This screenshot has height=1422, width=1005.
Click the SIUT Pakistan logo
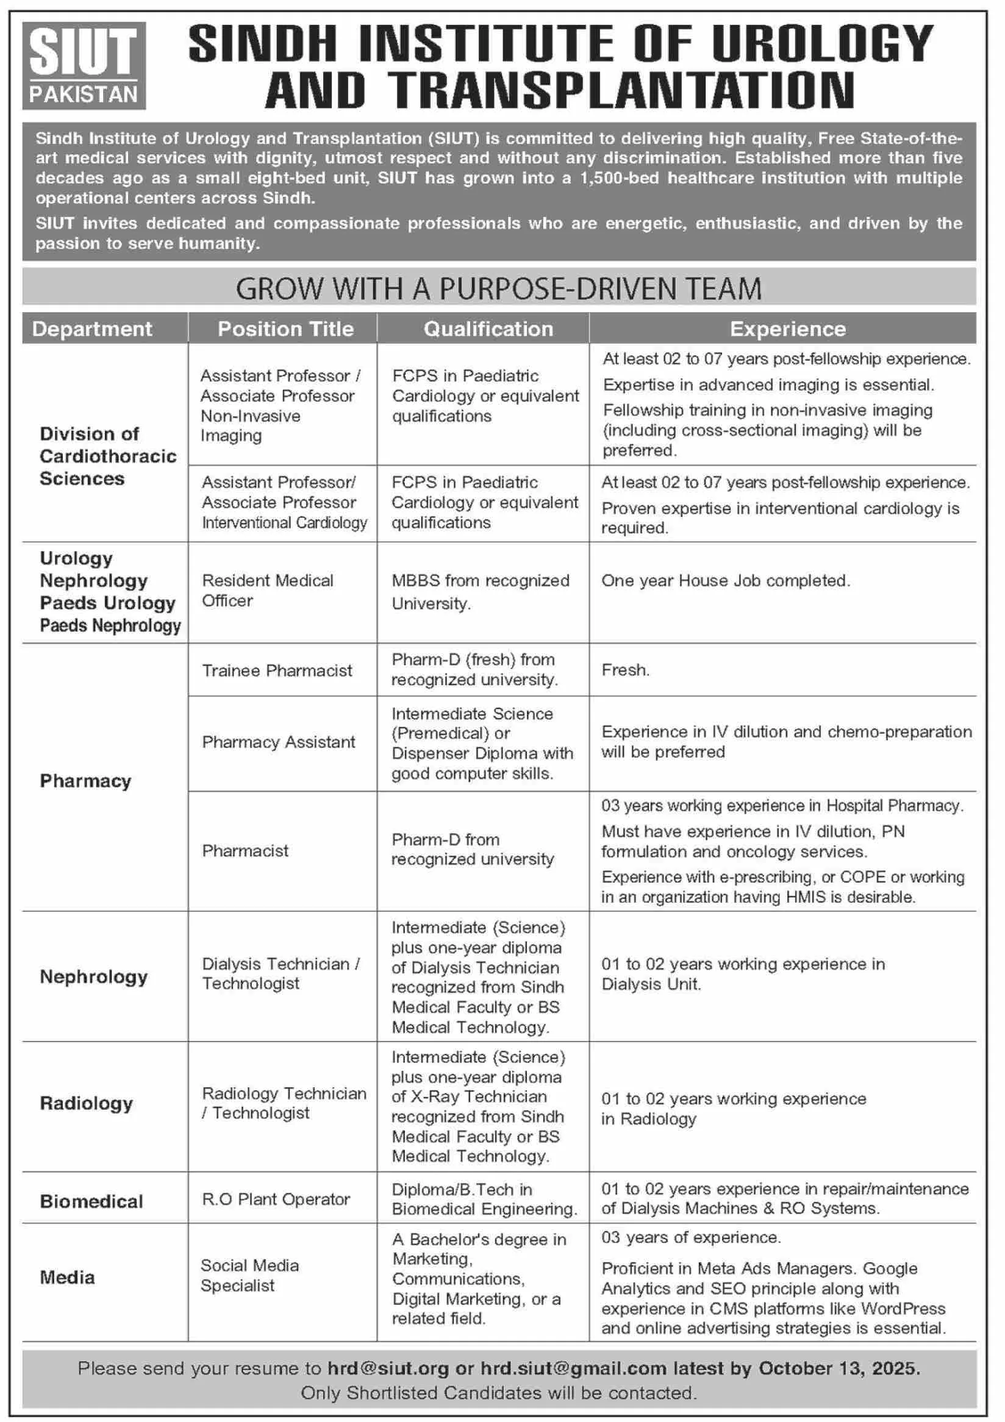84,66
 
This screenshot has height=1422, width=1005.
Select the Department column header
91,329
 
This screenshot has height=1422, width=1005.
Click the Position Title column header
285,329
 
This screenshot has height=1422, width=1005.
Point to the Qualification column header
488,329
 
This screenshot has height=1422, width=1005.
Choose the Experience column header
787,329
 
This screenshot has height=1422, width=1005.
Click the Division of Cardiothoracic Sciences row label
108,457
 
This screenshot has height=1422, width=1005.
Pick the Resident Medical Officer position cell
267,590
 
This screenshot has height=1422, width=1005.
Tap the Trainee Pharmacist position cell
277,670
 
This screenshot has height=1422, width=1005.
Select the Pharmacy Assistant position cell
278,742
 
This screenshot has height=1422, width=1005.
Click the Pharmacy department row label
85,781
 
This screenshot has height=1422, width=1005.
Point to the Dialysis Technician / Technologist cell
281,973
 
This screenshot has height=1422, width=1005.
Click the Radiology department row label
86,1103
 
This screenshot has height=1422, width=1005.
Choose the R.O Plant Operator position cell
276,1199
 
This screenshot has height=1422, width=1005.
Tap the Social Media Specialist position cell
249,1275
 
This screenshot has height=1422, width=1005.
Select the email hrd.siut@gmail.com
565,1368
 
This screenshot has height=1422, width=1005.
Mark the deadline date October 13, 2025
839,1368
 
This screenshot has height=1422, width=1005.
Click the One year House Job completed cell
726,580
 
